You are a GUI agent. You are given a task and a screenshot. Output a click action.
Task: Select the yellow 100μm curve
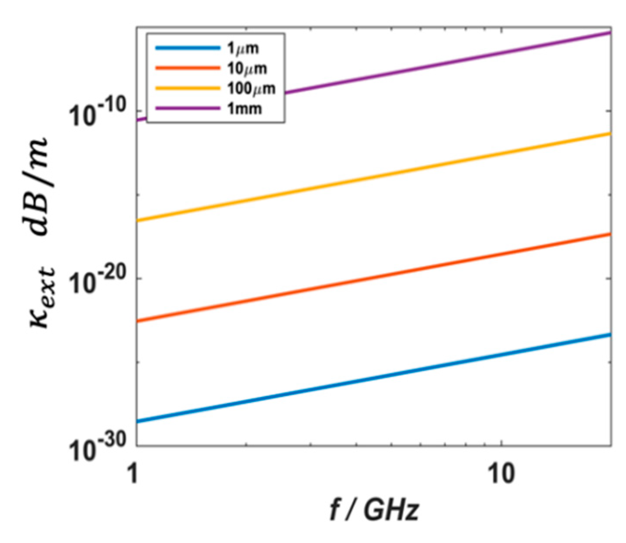(x=374, y=176)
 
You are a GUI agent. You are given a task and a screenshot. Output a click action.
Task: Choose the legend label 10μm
(x=246, y=68)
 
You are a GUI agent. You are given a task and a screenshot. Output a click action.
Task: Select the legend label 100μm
(x=251, y=88)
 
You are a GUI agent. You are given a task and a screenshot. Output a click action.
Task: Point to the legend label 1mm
(x=245, y=108)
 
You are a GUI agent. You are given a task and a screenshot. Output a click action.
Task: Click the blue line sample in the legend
(x=187, y=48)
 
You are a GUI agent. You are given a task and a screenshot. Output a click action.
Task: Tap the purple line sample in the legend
(x=187, y=107)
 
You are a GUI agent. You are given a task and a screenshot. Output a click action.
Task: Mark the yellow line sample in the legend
(x=187, y=88)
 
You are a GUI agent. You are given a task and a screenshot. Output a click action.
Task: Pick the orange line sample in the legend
(x=187, y=68)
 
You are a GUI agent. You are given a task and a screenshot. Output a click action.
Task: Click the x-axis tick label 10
(x=501, y=473)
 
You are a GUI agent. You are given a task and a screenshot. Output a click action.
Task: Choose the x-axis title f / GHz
(x=374, y=510)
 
